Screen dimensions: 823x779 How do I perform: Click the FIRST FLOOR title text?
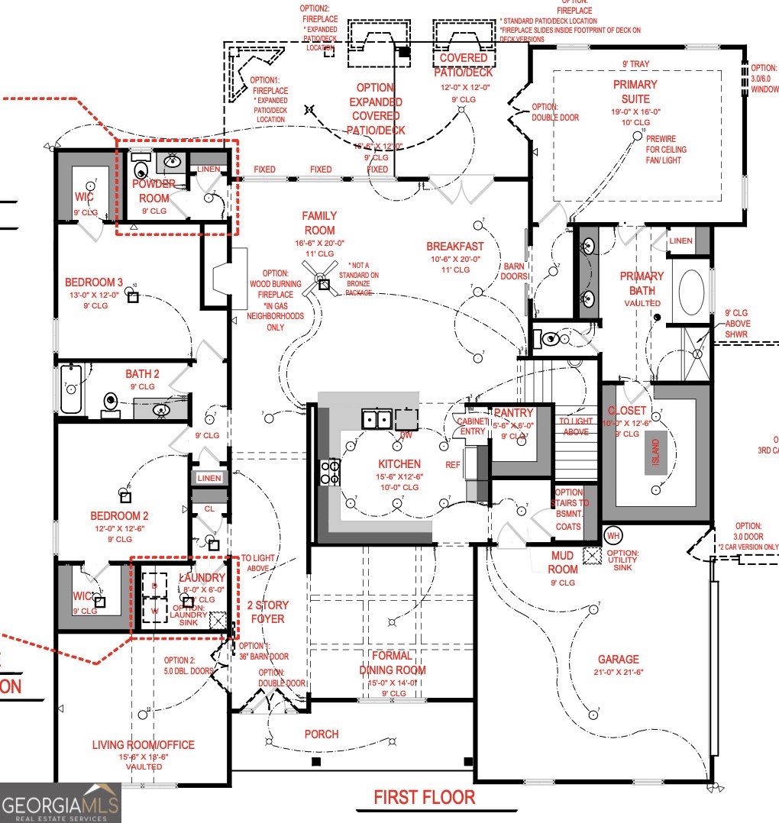click(x=424, y=797)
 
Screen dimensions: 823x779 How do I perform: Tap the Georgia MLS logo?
click(x=60, y=802)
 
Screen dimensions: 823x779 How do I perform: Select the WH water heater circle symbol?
click(x=613, y=535)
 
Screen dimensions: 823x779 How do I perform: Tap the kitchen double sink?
click(x=377, y=418)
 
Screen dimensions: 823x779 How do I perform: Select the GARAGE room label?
click(x=619, y=659)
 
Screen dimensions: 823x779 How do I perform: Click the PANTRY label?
click(x=512, y=413)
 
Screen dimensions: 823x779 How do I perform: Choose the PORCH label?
click(x=322, y=734)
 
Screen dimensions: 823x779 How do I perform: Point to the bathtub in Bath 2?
click(x=71, y=389)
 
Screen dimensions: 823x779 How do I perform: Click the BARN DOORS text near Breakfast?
click(x=512, y=271)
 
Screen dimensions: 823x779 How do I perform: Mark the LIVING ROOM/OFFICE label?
click(x=144, y=744)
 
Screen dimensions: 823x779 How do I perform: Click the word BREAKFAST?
click(x=455, y=246)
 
